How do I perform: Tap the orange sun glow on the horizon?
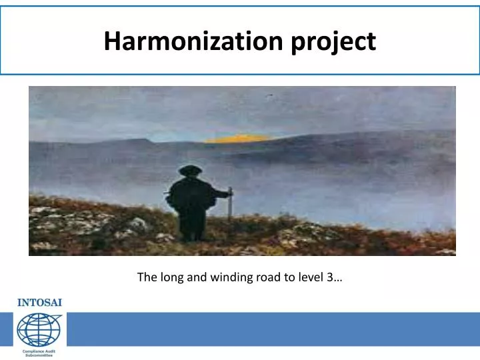click(x=237, y=139)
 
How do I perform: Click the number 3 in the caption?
click(x=331, y=277)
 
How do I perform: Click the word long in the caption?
click(x=170, y=277)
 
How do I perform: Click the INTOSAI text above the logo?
click(x=39, y=302)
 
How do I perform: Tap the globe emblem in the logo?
click(x=39, y=329)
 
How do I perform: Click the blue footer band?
click(x=267, y=329)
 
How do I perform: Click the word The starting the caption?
click(x=146, y=277)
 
